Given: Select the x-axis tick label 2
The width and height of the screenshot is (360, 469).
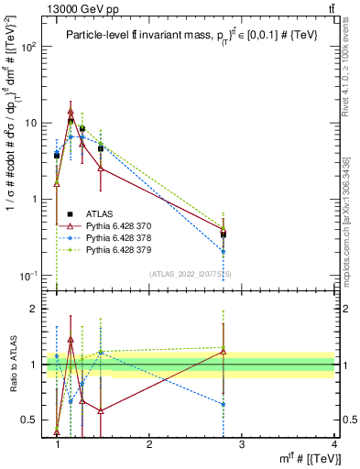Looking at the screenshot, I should (x=149, y=444).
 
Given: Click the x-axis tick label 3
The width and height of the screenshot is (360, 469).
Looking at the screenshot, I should (x=242, y=444).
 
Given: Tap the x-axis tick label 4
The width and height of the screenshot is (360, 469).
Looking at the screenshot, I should (x=334, y=444).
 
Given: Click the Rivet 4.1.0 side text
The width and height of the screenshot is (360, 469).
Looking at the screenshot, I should (x=346, y=92).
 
